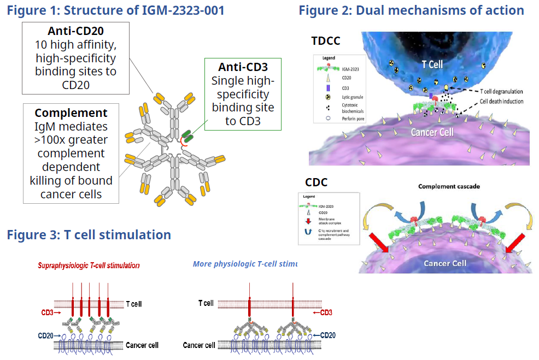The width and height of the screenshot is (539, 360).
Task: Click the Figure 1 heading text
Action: click(115, 10)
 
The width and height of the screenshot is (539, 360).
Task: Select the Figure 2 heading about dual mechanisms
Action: click(411, 10)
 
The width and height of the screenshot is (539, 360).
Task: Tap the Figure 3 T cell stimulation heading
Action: click(89, 235)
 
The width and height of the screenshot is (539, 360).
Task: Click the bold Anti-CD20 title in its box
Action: click(75, 31)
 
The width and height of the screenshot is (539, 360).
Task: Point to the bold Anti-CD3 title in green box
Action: click(243, 67)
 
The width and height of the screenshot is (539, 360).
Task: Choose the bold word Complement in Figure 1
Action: click(71, 113)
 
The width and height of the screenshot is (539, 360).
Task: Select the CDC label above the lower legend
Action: click(316, 182)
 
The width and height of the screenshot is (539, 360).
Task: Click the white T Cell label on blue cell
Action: click(432, 64)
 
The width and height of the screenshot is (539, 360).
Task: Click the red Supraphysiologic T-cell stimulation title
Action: click(89, 265)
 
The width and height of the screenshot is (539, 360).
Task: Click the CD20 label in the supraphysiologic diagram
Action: click(46, 334)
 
